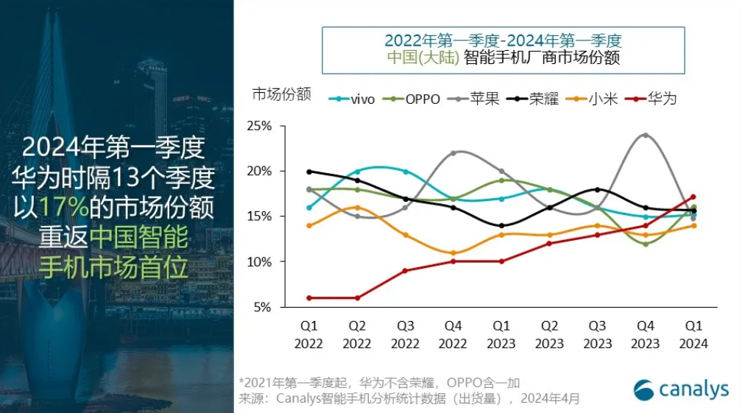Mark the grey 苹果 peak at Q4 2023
click(646, 135)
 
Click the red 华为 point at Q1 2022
click(308, 297)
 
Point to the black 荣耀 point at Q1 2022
click(308, 172)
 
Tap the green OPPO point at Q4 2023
click(646, 244)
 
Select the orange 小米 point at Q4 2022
click(453, 253)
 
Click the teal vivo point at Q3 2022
click(405, 172)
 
